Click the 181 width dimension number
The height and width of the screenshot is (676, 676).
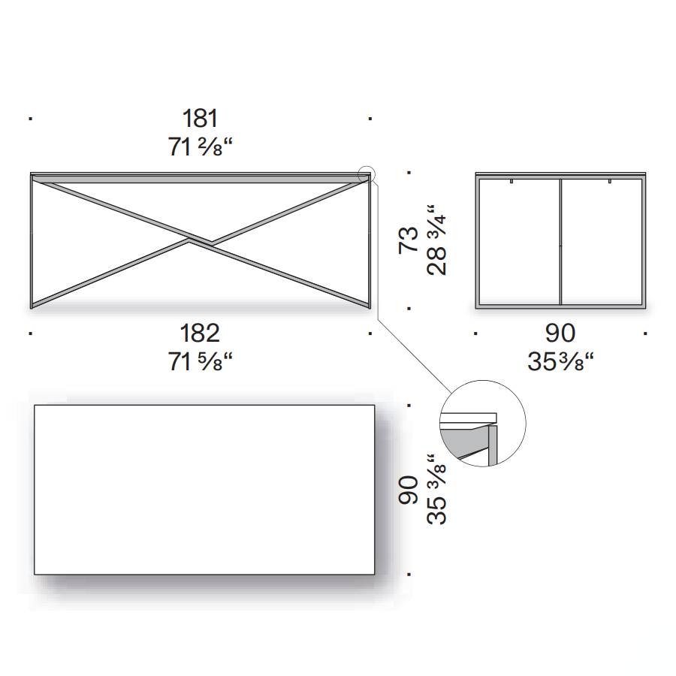point(200,118)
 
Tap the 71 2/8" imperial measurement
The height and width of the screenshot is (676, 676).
point(200,147)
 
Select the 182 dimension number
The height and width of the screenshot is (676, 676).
point(200,333)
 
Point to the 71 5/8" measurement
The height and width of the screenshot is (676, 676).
point(200,361)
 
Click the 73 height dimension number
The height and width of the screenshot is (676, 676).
point(409,240)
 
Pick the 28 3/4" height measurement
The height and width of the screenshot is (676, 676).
point(436,240)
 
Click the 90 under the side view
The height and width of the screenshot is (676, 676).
point(560,333)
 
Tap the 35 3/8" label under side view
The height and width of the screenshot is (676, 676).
point(560,361)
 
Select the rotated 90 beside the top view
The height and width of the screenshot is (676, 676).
point(409,490)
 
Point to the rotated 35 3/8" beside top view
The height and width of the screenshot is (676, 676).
point(436,489)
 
